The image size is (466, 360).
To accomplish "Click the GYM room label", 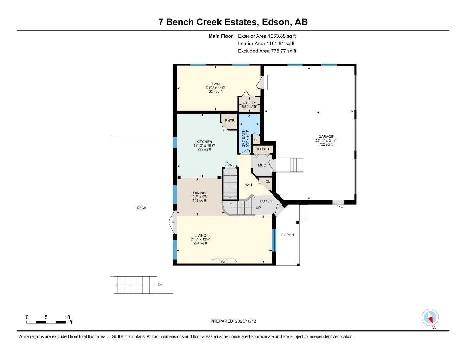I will pos(216,84).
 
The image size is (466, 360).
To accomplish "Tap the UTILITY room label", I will pos(249,103).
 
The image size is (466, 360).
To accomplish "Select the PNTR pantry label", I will pos(230,121).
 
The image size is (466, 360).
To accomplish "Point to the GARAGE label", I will pos(326,137).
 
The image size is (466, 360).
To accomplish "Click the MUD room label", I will pos(262,165).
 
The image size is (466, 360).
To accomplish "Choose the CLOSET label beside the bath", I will pos(262,149).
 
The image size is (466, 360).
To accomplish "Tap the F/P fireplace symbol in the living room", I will pos(224,262).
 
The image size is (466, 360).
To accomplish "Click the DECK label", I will pos(141,208).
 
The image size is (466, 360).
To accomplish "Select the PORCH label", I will pos(288,235).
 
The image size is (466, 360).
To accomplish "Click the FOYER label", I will pos(266,201).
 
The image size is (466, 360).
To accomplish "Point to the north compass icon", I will pos(430,318).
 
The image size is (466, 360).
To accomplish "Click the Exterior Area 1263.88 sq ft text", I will pos(267,36).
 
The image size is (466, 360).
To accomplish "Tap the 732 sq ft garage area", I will pos(326,144).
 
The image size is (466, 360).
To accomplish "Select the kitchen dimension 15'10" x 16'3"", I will pos(204,146).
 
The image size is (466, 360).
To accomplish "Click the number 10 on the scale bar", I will pos(67,317).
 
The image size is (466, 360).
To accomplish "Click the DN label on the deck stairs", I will pos(160,285).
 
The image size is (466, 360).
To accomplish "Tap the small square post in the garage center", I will pos(318,112).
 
